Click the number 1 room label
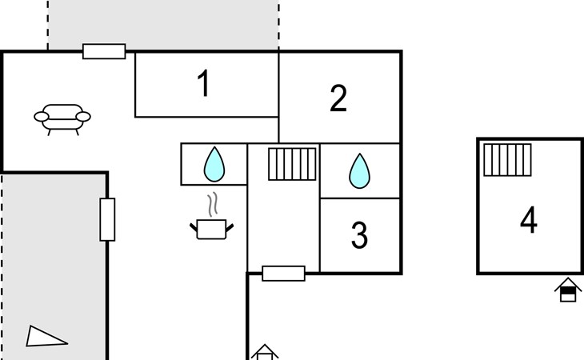[x=205, y=84]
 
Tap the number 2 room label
[x=338, y=98]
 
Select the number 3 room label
[x=359, y=235]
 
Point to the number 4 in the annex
[x=528, y=220]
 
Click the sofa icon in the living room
[x=62, y=118]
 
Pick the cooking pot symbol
[x=212, y=230]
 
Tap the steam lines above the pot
[x=212, y=206]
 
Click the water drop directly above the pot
[x=214, y=164]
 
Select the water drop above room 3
[x=360, y=170]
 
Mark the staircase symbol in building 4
[x=508, y=159]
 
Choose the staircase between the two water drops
[x=293, y=164]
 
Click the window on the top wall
[x=104, y=51]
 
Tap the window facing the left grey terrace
[x=107, y=219]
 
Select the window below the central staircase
[x=283, y=273]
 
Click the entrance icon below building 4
[x=567, y=289]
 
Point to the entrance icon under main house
[x=265, y=352]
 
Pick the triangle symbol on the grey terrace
[x=45, y=336]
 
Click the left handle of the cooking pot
[x=194, y=228]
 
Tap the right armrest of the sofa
[x=83, y=117]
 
